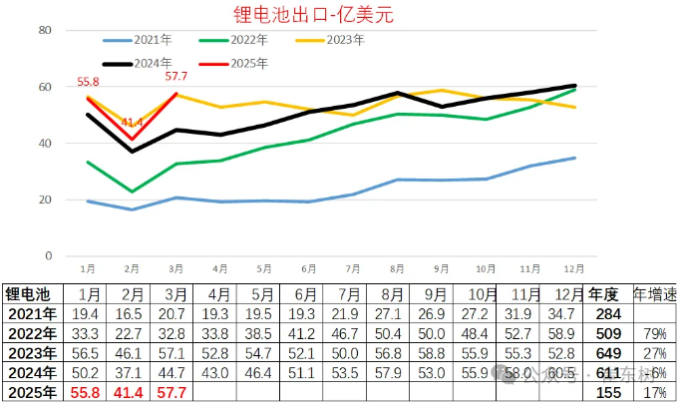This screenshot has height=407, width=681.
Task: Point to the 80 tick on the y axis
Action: coord(44,30)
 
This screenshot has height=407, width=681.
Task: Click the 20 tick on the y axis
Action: coord(44,200)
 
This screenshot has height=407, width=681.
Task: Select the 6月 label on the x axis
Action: coord(308,268)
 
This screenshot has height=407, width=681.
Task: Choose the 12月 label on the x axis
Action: coord(574,268)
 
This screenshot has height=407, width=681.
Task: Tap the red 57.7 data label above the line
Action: coord(176,77)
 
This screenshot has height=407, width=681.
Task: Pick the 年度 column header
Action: coord(604,294)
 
